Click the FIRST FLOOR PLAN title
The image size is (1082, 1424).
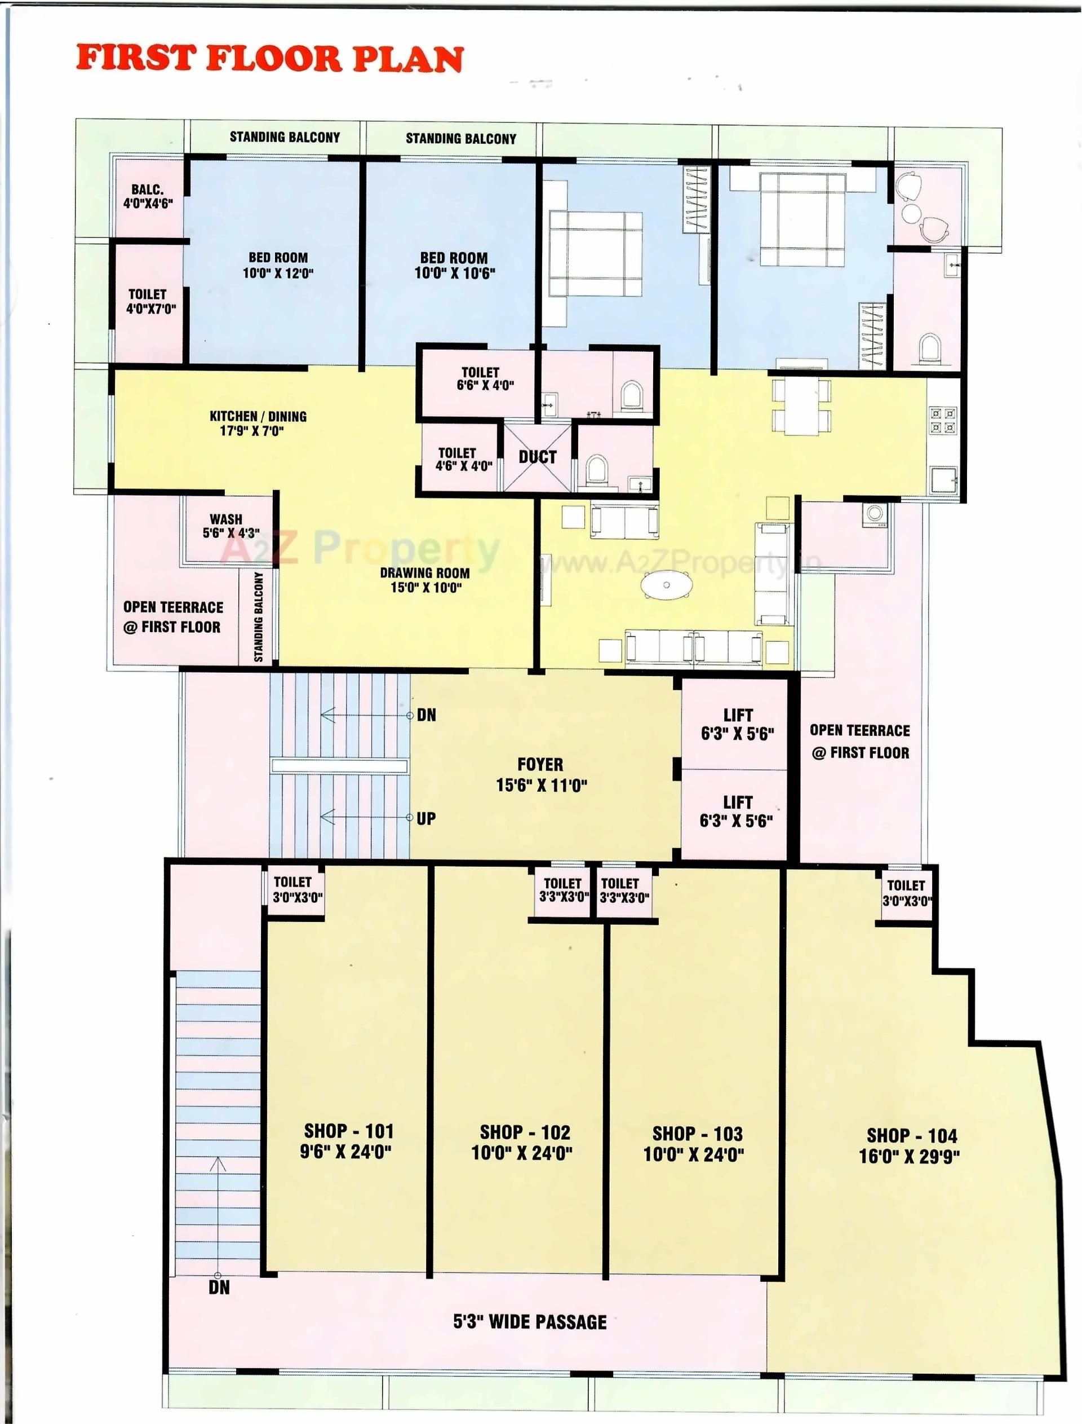270,59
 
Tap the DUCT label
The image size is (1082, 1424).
537,457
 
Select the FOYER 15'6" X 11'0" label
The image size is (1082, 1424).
541,774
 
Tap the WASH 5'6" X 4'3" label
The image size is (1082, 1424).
229,526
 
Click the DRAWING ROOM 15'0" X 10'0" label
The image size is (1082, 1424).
424,579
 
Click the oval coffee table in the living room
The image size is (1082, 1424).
667,585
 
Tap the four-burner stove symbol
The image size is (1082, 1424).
943,421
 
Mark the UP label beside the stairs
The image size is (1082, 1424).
425,818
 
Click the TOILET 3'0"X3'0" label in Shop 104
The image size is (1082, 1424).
906,893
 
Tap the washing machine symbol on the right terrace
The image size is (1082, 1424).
876,513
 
